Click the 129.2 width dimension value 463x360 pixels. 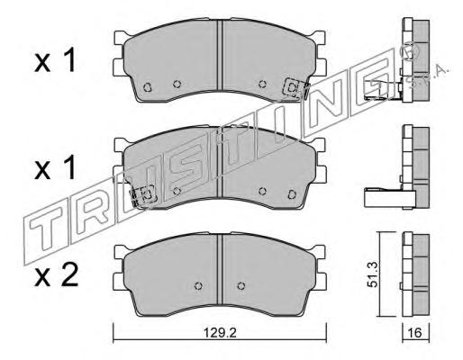tap(220, 333)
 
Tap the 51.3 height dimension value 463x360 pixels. tap(373, 274)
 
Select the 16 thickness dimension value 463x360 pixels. tap(415, 333)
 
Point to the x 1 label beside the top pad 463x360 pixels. tap(55, 61)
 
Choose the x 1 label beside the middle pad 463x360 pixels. tap(55, 168)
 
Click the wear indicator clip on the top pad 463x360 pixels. tap(296, 88)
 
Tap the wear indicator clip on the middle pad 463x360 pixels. tap(142, 195)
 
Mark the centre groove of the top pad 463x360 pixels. tap(221, 56)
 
